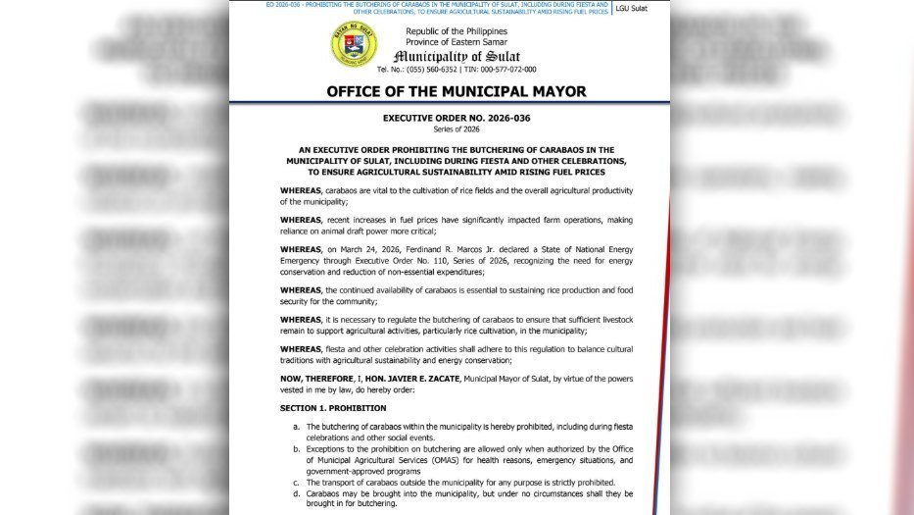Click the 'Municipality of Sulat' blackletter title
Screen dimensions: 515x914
pyautogui.click(x=457, y=56)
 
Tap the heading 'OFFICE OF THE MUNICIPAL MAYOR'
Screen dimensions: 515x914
pyautogui.click(x=456, y=91)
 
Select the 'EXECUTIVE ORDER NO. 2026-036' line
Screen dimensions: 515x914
pyautogui.click(x=456, y=119)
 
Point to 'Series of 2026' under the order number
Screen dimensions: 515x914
pyautogui.click(x=456, y=129)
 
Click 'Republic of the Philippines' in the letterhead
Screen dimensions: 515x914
pyautogui.click(x=457, y=31)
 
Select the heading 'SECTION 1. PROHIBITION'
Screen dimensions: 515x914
pyautogui.click(x=332, y=408)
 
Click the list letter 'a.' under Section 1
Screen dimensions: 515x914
pyautogui.click(x=296, y=427)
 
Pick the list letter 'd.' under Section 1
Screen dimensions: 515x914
pyautogui.click(x=296, y=493)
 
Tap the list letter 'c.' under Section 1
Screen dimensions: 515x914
pyautogui.click(x=296, y=482)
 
